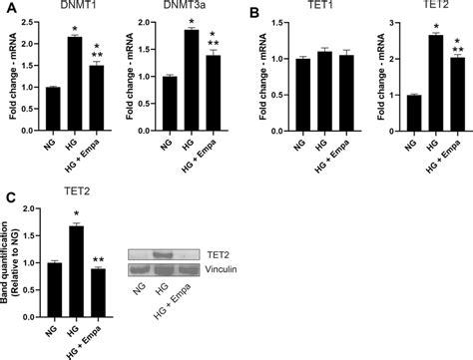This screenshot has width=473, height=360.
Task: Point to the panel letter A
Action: pyautogui.click(x=7, y=9)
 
